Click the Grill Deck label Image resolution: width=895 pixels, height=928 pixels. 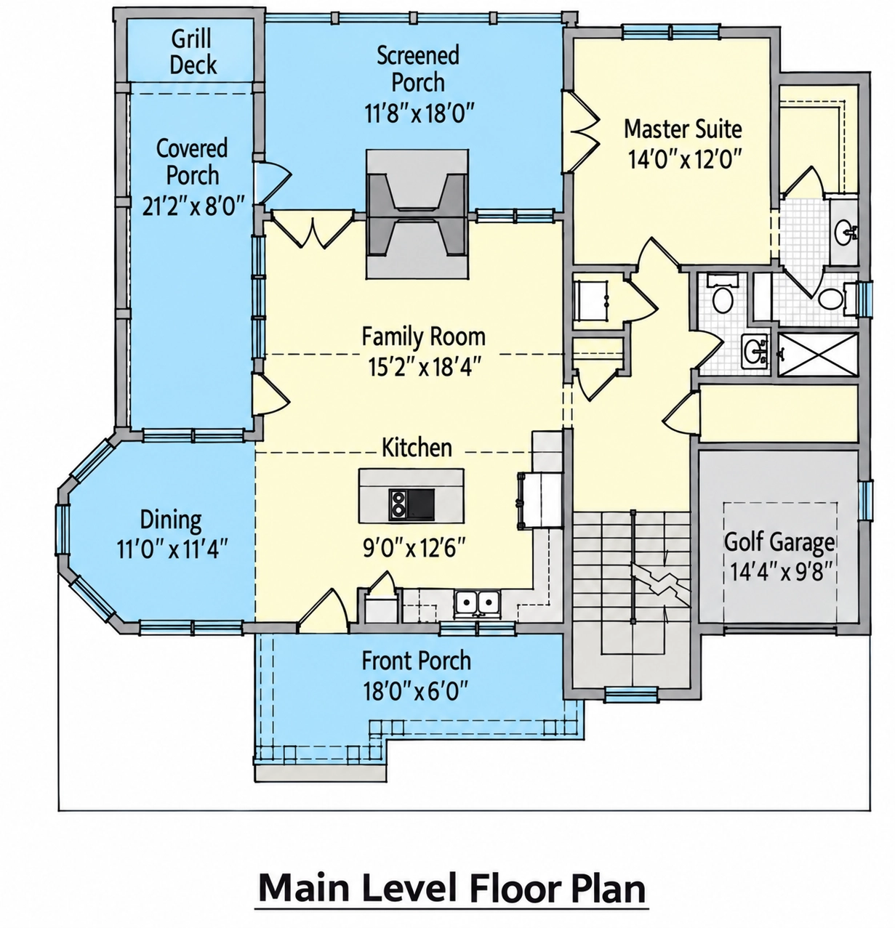point(193,52)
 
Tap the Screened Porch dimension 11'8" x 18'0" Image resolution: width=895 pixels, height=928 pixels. point(420,113)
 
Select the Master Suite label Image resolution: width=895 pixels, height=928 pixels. point(683,129)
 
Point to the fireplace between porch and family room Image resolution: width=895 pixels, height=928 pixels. point(417,214)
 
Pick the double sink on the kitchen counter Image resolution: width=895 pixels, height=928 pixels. point(476,604)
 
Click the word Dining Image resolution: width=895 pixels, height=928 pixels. point(171,520)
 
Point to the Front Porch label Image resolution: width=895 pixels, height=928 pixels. point(417,661)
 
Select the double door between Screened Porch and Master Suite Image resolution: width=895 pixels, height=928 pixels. point(581,131)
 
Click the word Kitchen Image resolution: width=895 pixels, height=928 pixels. point(417,448)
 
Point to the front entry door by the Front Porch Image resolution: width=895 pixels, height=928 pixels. point(323,611)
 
